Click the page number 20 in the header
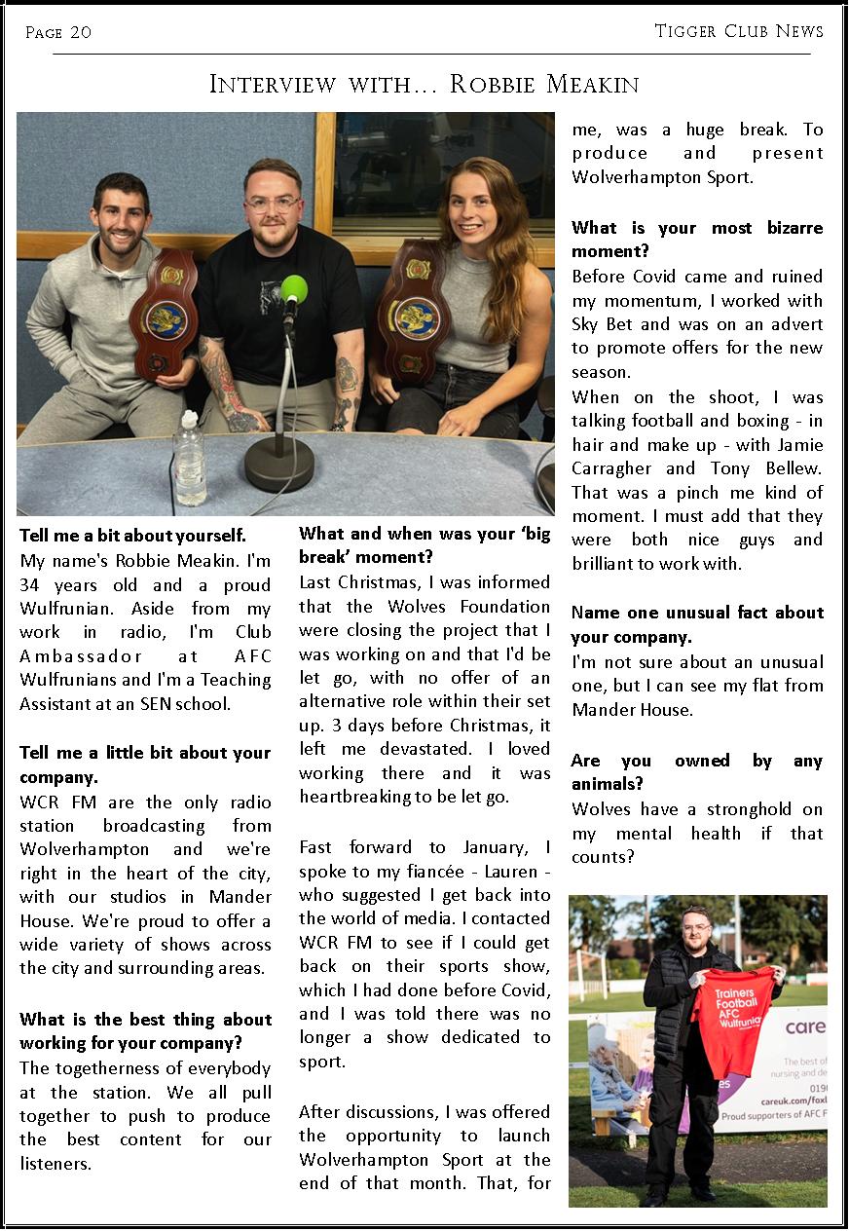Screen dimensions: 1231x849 (81, 33)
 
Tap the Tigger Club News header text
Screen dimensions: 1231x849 (739, 31)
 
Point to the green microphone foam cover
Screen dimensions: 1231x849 (293, 289)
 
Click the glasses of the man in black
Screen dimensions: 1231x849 (272, 205)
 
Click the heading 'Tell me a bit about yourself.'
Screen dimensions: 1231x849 (133, 536)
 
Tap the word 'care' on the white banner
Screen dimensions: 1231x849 (804, 1026)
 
